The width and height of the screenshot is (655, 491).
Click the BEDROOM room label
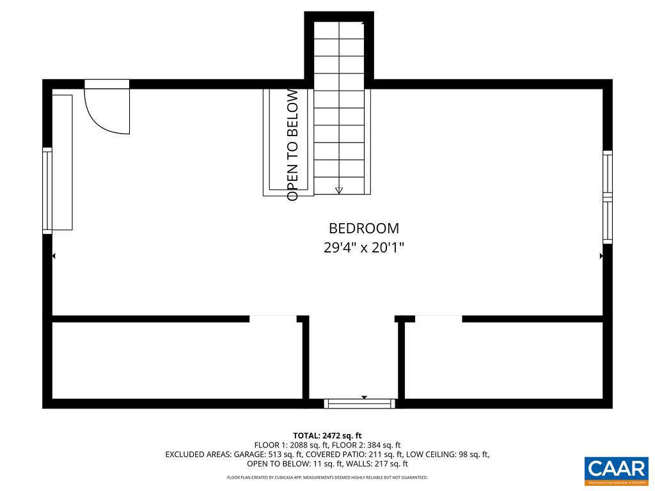tap(363, 228)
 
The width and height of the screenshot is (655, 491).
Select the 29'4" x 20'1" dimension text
tap(363, 247)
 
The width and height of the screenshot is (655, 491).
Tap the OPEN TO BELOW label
tap(293, 144)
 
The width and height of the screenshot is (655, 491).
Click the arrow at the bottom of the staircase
tap(339, 189)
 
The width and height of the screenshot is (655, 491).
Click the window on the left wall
tap(47, 190)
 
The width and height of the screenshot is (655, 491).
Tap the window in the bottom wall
tap(359, 403)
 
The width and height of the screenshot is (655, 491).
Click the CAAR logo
tap(616, 471)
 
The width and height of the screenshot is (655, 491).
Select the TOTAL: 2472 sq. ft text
tap(327, 435)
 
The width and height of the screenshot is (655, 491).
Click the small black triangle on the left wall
tap(54, 256)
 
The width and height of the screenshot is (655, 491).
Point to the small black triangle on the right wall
tap(601, 256)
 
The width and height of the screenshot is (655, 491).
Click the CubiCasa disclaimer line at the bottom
tap(327, 478)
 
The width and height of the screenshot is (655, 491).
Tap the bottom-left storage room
tap(176, 361)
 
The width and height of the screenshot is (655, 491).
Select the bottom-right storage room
tap(504, 361)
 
